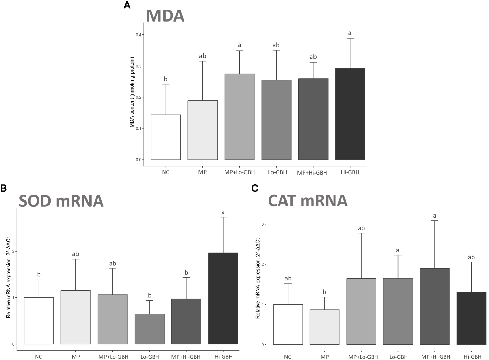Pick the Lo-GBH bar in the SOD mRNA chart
coord(149,329)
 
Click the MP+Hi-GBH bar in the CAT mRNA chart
coord(434,306)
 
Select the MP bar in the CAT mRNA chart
coord(324,327)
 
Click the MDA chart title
coord(165,16)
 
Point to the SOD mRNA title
coord(61,201)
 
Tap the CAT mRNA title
coord(308,200)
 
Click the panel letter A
coord(127,5)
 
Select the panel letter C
coord(254,188)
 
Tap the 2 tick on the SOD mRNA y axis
coord(14,251)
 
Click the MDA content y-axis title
coord(132,92)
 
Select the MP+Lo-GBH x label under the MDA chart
coord(239,172)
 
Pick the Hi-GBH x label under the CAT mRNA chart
coord(471,356)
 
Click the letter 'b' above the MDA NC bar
coord(166,79)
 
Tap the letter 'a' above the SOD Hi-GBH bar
coord(223,212)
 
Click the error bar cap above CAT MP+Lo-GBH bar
coord(361,233)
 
